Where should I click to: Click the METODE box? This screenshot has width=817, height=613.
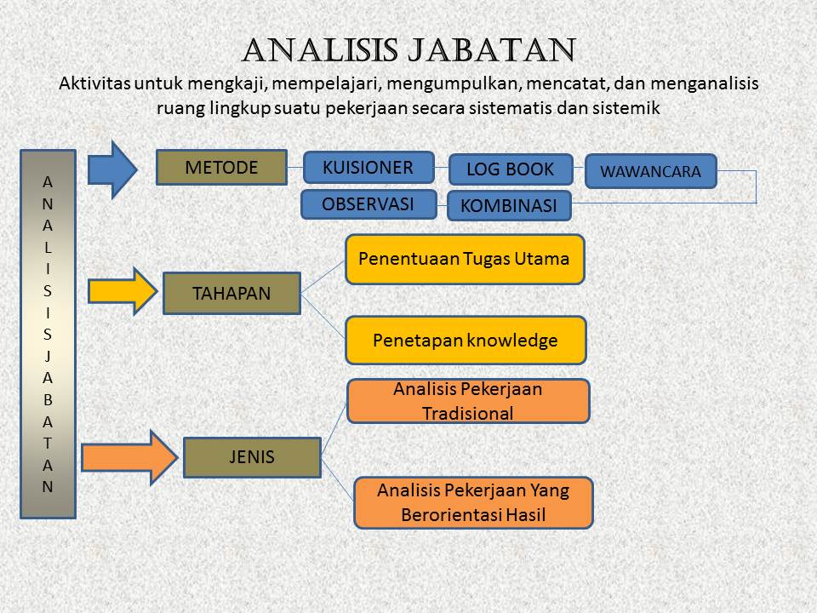[221, 168]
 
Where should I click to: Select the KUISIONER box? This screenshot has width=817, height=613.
[369, 168]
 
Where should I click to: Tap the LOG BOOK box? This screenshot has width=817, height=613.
[511, 169]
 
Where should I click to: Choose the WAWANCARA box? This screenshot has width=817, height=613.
[651, 171]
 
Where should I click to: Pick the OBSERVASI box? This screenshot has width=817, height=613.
[369, 203]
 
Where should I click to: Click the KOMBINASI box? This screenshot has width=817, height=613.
[509, 205]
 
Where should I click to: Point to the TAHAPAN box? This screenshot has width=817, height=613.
[231, 293]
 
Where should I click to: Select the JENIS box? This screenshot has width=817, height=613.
[252, 457]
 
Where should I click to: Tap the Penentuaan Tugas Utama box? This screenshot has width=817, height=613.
[465, 259]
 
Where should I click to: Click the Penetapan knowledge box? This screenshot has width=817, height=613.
[466, 340]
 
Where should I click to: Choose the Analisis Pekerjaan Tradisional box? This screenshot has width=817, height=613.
[468, 401]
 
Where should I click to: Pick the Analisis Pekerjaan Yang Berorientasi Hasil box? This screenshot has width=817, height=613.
[473, 502]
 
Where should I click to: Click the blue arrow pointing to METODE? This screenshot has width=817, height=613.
[112, 169]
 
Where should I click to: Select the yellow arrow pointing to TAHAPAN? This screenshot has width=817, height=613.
[123, 291]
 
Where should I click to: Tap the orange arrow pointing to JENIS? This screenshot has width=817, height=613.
[129, 458]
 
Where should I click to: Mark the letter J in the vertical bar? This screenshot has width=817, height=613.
[48, 356]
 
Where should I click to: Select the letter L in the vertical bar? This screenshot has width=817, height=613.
[48, 247]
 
